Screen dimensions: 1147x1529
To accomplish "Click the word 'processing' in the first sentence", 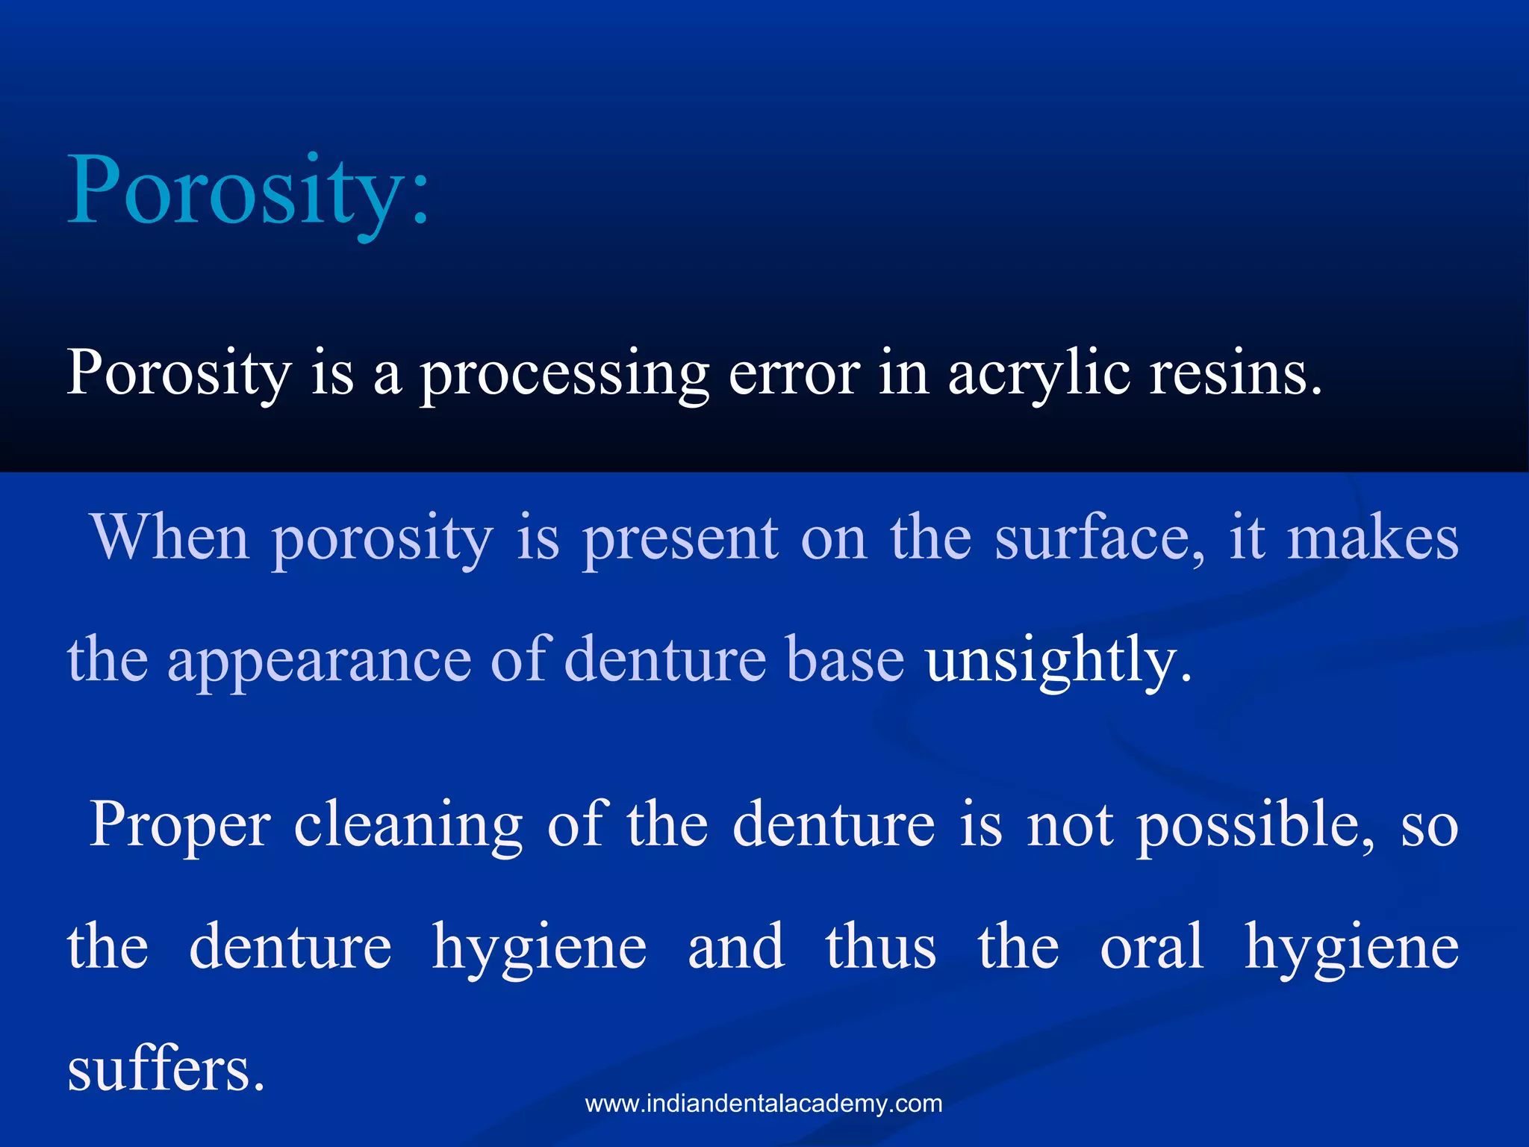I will click(564, 373).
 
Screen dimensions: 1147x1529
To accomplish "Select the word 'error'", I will click(794, 373).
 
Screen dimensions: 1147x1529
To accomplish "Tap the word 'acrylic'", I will click(1039, 373).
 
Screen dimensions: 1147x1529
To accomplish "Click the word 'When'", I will click(169, 538).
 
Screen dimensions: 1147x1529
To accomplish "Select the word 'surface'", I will click(1097, 538).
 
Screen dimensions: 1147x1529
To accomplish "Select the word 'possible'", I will click(1254, 825).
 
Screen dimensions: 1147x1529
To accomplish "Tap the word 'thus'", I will click(880, 947).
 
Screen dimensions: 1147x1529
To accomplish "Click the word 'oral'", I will click(1151, 947).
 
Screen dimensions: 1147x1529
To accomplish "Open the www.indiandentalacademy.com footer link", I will click(764, 1104).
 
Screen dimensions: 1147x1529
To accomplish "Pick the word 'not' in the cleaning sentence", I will click(1070, 825).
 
